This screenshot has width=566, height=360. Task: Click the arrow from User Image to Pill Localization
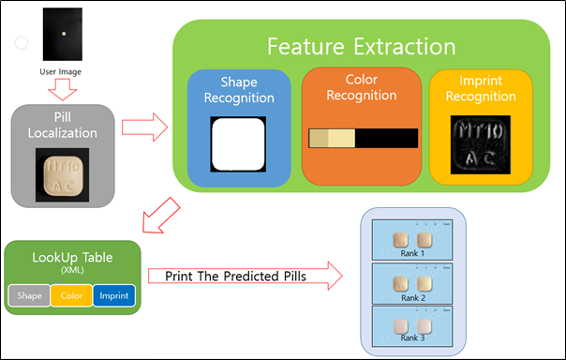point(63,90)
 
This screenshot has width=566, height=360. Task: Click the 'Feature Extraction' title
point(361,46)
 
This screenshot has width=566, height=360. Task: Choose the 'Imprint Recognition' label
point(481,90)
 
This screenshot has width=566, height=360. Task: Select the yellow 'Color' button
point(70,295)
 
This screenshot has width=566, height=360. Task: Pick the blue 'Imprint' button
point(113,295)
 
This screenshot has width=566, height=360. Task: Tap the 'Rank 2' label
point(414,297)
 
